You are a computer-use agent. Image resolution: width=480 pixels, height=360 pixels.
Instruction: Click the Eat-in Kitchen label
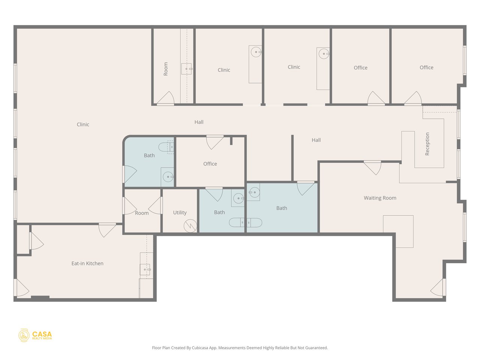pyautogui.click(x=87, y=264)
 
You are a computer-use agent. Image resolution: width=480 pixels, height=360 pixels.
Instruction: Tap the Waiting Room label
pyautogui.click(x=380, y=198)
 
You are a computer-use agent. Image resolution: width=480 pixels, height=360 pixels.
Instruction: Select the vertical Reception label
pyautogui.click(x=427, y=144)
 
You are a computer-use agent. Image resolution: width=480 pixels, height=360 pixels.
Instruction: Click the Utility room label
pyautogui.click(x=180, y=213)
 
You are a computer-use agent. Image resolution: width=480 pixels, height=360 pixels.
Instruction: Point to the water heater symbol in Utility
pyautogui.click(x=190, y=226)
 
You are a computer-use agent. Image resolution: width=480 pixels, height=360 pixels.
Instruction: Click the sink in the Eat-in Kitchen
pyautogui.click(x=145, y=269)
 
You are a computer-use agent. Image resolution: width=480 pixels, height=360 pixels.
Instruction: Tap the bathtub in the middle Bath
pyautogui.click(x=245, y=222)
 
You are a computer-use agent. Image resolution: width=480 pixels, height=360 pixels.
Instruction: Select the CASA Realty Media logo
pyautogui.click(x=35, y=335)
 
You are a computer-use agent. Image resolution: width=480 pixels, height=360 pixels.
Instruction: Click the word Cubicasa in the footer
pyautogui.click(x=200, y=348)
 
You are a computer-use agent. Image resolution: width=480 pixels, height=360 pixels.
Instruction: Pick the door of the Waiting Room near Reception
pyautogui.click(x=372, y=167)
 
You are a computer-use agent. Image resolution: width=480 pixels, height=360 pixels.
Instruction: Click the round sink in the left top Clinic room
pyautogui.click(x=256, y=52)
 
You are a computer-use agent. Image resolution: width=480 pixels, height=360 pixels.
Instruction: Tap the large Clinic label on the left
pyautogui.click(x=83, y=124)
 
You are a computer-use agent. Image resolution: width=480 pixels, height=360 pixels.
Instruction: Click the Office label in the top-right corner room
pyautogui.click(x=426, y=67)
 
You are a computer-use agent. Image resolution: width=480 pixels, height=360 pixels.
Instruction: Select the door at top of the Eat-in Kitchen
pyautogui.click(x=107, y=229)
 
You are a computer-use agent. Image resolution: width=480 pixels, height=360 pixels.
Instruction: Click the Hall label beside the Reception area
pyautogui.click(x=316, y=140)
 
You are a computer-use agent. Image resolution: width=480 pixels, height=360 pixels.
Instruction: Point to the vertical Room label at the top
pyautogui.click(x=166, y=69)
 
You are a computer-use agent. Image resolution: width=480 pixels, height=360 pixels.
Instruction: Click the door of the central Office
pyautogui.click(x=215, y=141)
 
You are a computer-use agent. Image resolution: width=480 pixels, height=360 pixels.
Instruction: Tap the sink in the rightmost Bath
pyautogui.click(x=254, y=192)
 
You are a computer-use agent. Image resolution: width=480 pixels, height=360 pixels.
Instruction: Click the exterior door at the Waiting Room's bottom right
pyautogui.click(x=438, y=288)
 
